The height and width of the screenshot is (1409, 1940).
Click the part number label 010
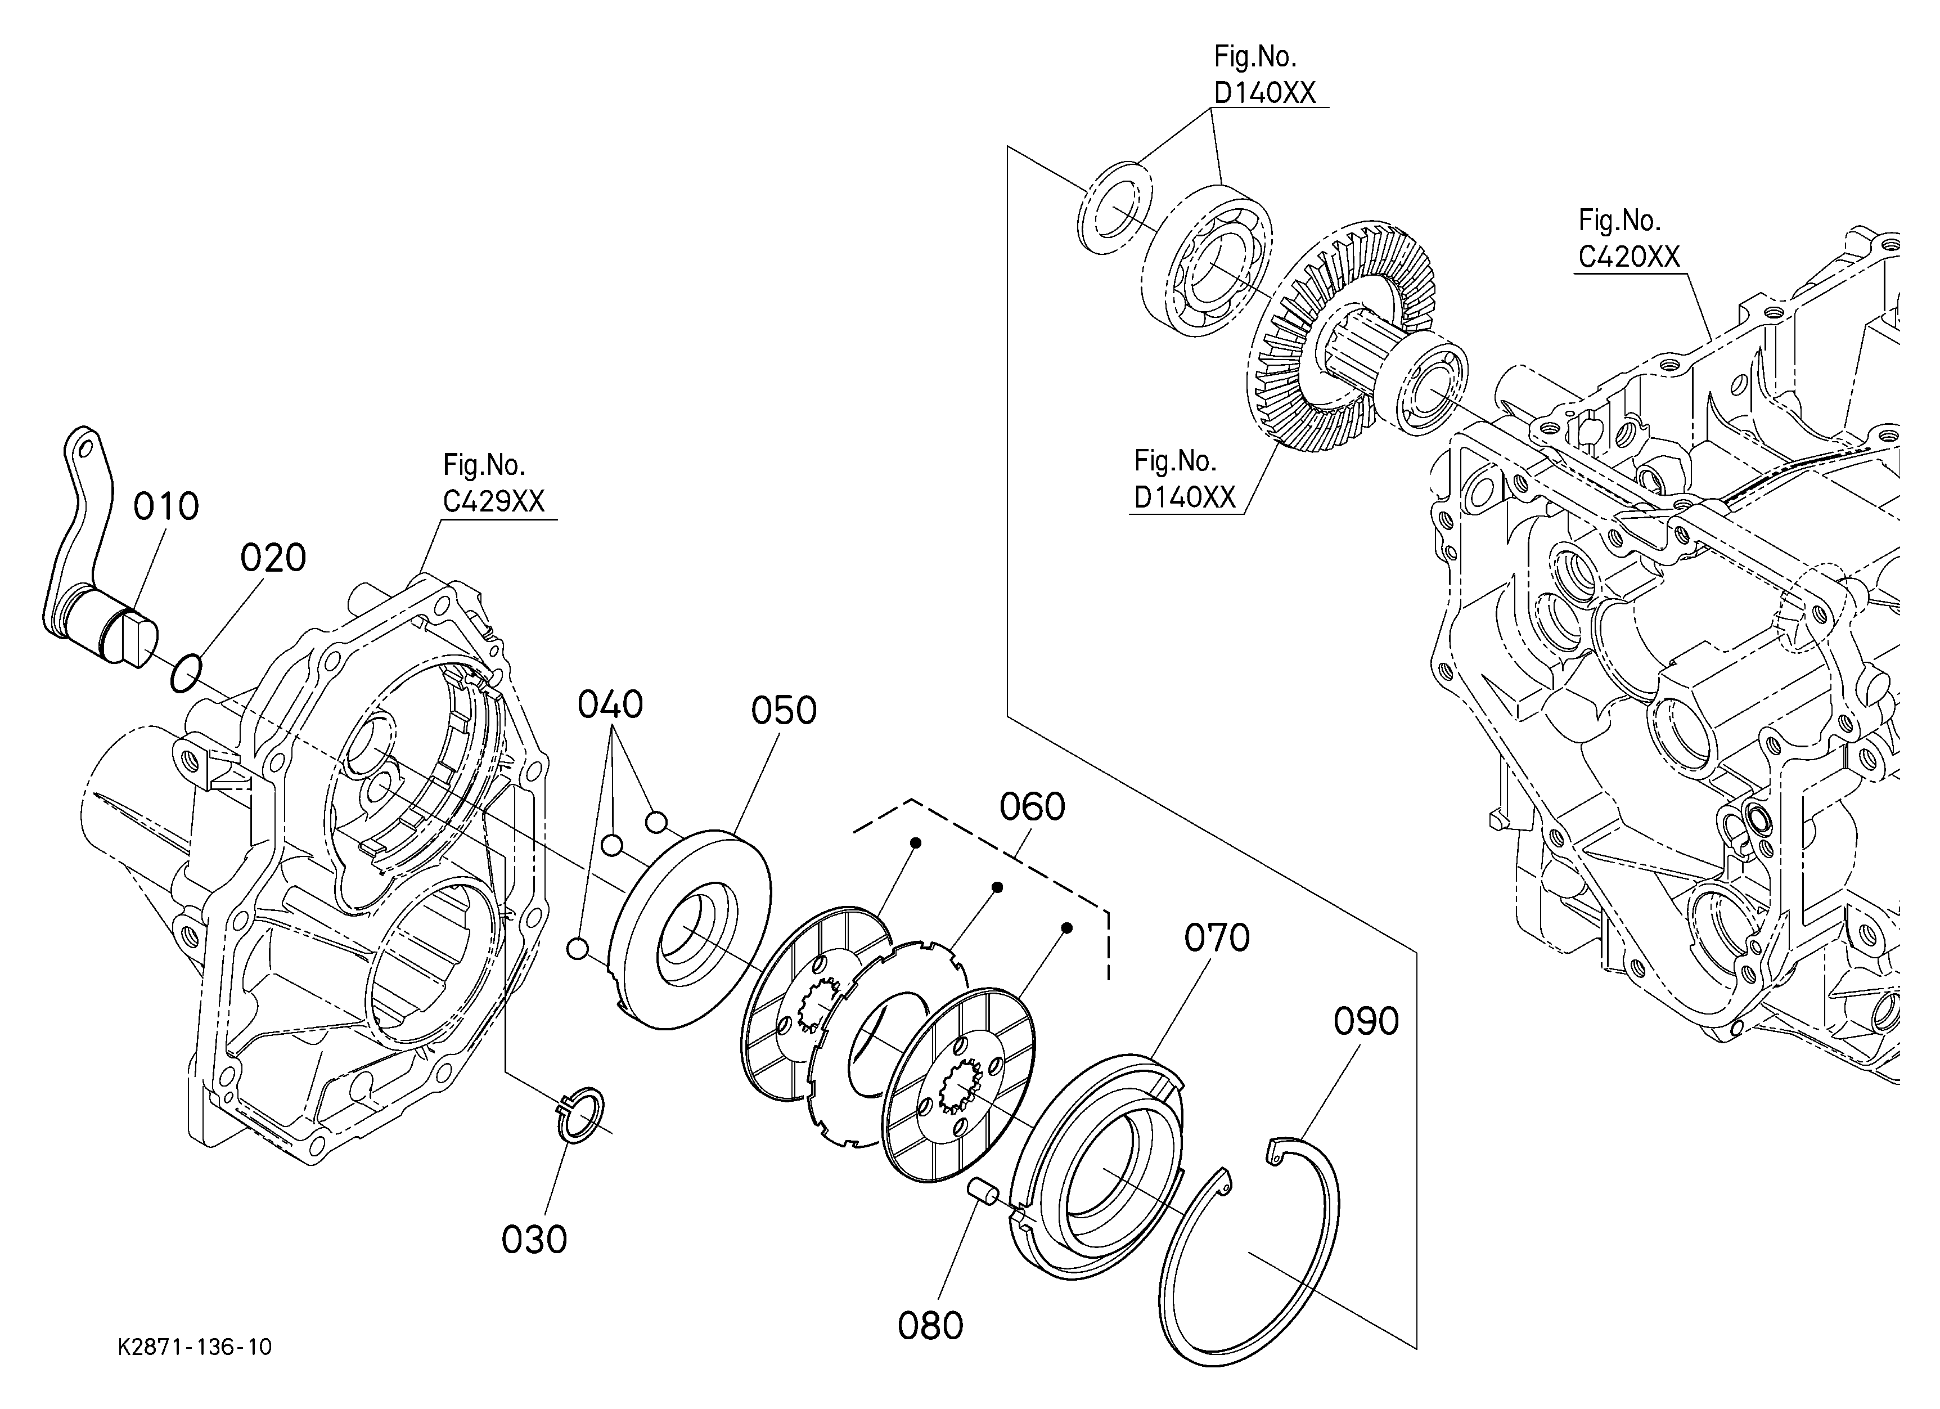[166, 506]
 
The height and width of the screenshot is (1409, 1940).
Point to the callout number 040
[610, 705]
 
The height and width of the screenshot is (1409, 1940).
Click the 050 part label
[784, 711]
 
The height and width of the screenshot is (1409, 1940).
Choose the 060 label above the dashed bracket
[1033, 807]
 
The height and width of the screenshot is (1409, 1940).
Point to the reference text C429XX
[493, 501]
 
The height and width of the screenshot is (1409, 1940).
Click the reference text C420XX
[1628, 257]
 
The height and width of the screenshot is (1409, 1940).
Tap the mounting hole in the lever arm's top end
[84, 447]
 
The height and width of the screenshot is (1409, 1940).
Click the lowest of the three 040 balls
[577, 949]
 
